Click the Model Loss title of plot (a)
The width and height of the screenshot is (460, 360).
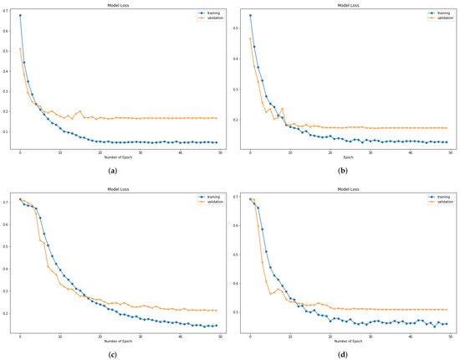coord(115,4)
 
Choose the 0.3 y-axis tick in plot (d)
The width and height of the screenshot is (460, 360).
coord(239,312)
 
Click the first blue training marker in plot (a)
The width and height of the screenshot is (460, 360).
coord(20,16)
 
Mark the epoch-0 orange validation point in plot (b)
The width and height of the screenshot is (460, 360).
coord(250,39)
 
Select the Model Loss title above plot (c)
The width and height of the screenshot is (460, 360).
coord(115,190)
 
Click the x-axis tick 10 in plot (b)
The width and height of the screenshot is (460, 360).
coord(290,152)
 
